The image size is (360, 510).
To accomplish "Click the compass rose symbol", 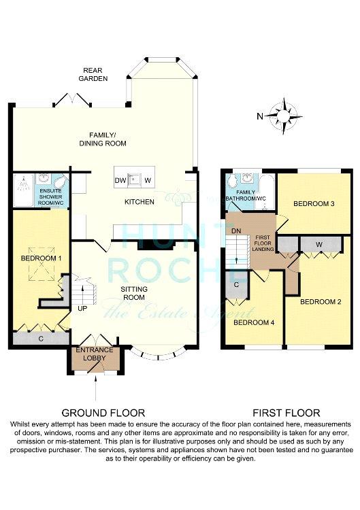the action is point(284,116).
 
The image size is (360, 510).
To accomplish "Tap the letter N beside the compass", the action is point(260,116).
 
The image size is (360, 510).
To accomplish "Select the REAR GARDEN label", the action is point(93,74).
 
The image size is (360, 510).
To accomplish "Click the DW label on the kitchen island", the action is point(120,180).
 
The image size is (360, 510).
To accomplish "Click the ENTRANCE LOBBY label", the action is point(95,354).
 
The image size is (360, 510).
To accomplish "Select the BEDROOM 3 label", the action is point(314,204).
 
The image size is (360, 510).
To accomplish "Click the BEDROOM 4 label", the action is point(254,322).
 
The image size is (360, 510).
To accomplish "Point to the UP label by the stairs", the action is point(82,307).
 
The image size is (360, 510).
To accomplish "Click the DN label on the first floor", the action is point(236,231).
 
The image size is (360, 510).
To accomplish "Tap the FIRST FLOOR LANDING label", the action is point(263,243).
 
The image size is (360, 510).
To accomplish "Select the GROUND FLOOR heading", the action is point(103,413).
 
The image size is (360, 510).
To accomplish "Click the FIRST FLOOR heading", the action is point(287,413).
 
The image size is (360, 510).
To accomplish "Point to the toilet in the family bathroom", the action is point(233,180).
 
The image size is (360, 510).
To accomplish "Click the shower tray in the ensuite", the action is point(23,190).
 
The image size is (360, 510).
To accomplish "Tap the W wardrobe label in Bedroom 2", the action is point(319,244).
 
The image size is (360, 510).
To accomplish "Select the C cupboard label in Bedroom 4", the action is point(237,285).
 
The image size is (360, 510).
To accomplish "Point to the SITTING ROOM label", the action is point(134,293).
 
